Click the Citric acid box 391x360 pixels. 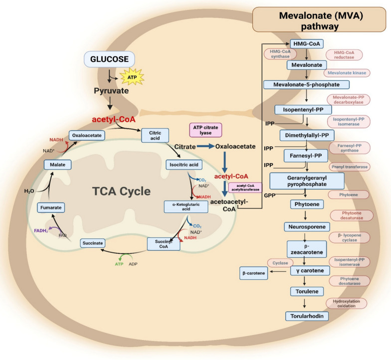coord(156,135)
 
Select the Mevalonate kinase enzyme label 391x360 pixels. coord(346,72)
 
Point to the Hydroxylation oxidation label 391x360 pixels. coord(347,303)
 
